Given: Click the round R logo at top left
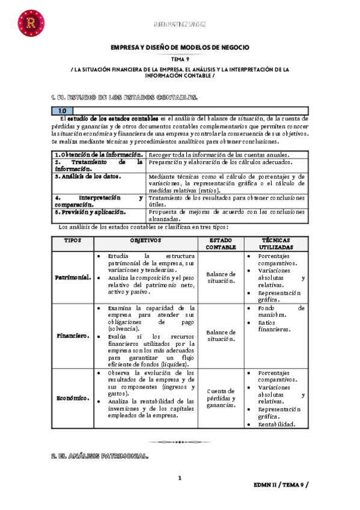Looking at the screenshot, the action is (x=29, y=23).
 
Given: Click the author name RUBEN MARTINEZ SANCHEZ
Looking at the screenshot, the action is (x=180, y=24).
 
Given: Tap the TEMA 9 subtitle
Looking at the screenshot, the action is (x=180, y=59).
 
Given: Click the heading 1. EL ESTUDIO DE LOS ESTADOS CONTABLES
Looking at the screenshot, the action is (x=124, y=97).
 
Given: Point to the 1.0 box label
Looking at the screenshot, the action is (x=63, y=111).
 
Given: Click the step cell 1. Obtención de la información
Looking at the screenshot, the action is (x=99, y=154).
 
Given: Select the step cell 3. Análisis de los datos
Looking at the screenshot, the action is (x=88, y=177).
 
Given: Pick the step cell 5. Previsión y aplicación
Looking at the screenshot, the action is (x=91, y=212).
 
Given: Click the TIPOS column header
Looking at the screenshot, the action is (x=73, y=240).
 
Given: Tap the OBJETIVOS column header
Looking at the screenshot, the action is (x=146, y=240).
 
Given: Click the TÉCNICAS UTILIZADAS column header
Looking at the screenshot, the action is (x=275, y=244).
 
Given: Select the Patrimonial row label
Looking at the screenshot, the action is (x=73, y=277).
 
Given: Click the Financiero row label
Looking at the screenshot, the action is (x=73, y=336).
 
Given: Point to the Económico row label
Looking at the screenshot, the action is (x=73, y=398).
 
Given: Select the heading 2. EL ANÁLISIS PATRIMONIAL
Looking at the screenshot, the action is (x=100, y=456).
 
